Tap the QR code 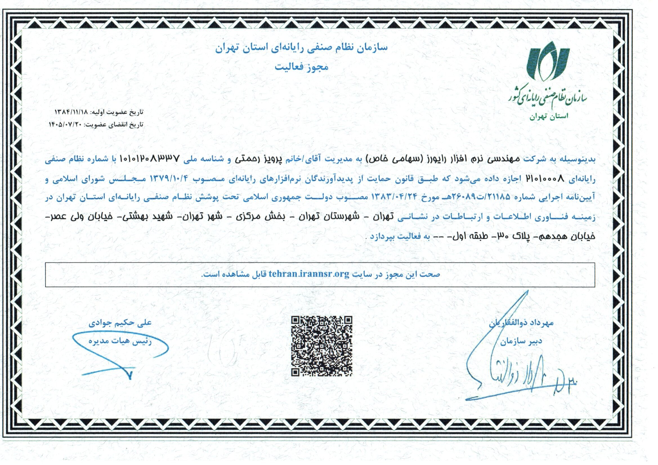[322, 346]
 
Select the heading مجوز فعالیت [301, 67]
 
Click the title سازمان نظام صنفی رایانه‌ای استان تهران [301, 47]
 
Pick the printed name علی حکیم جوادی [120, 323]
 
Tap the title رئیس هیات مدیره [120, 342]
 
